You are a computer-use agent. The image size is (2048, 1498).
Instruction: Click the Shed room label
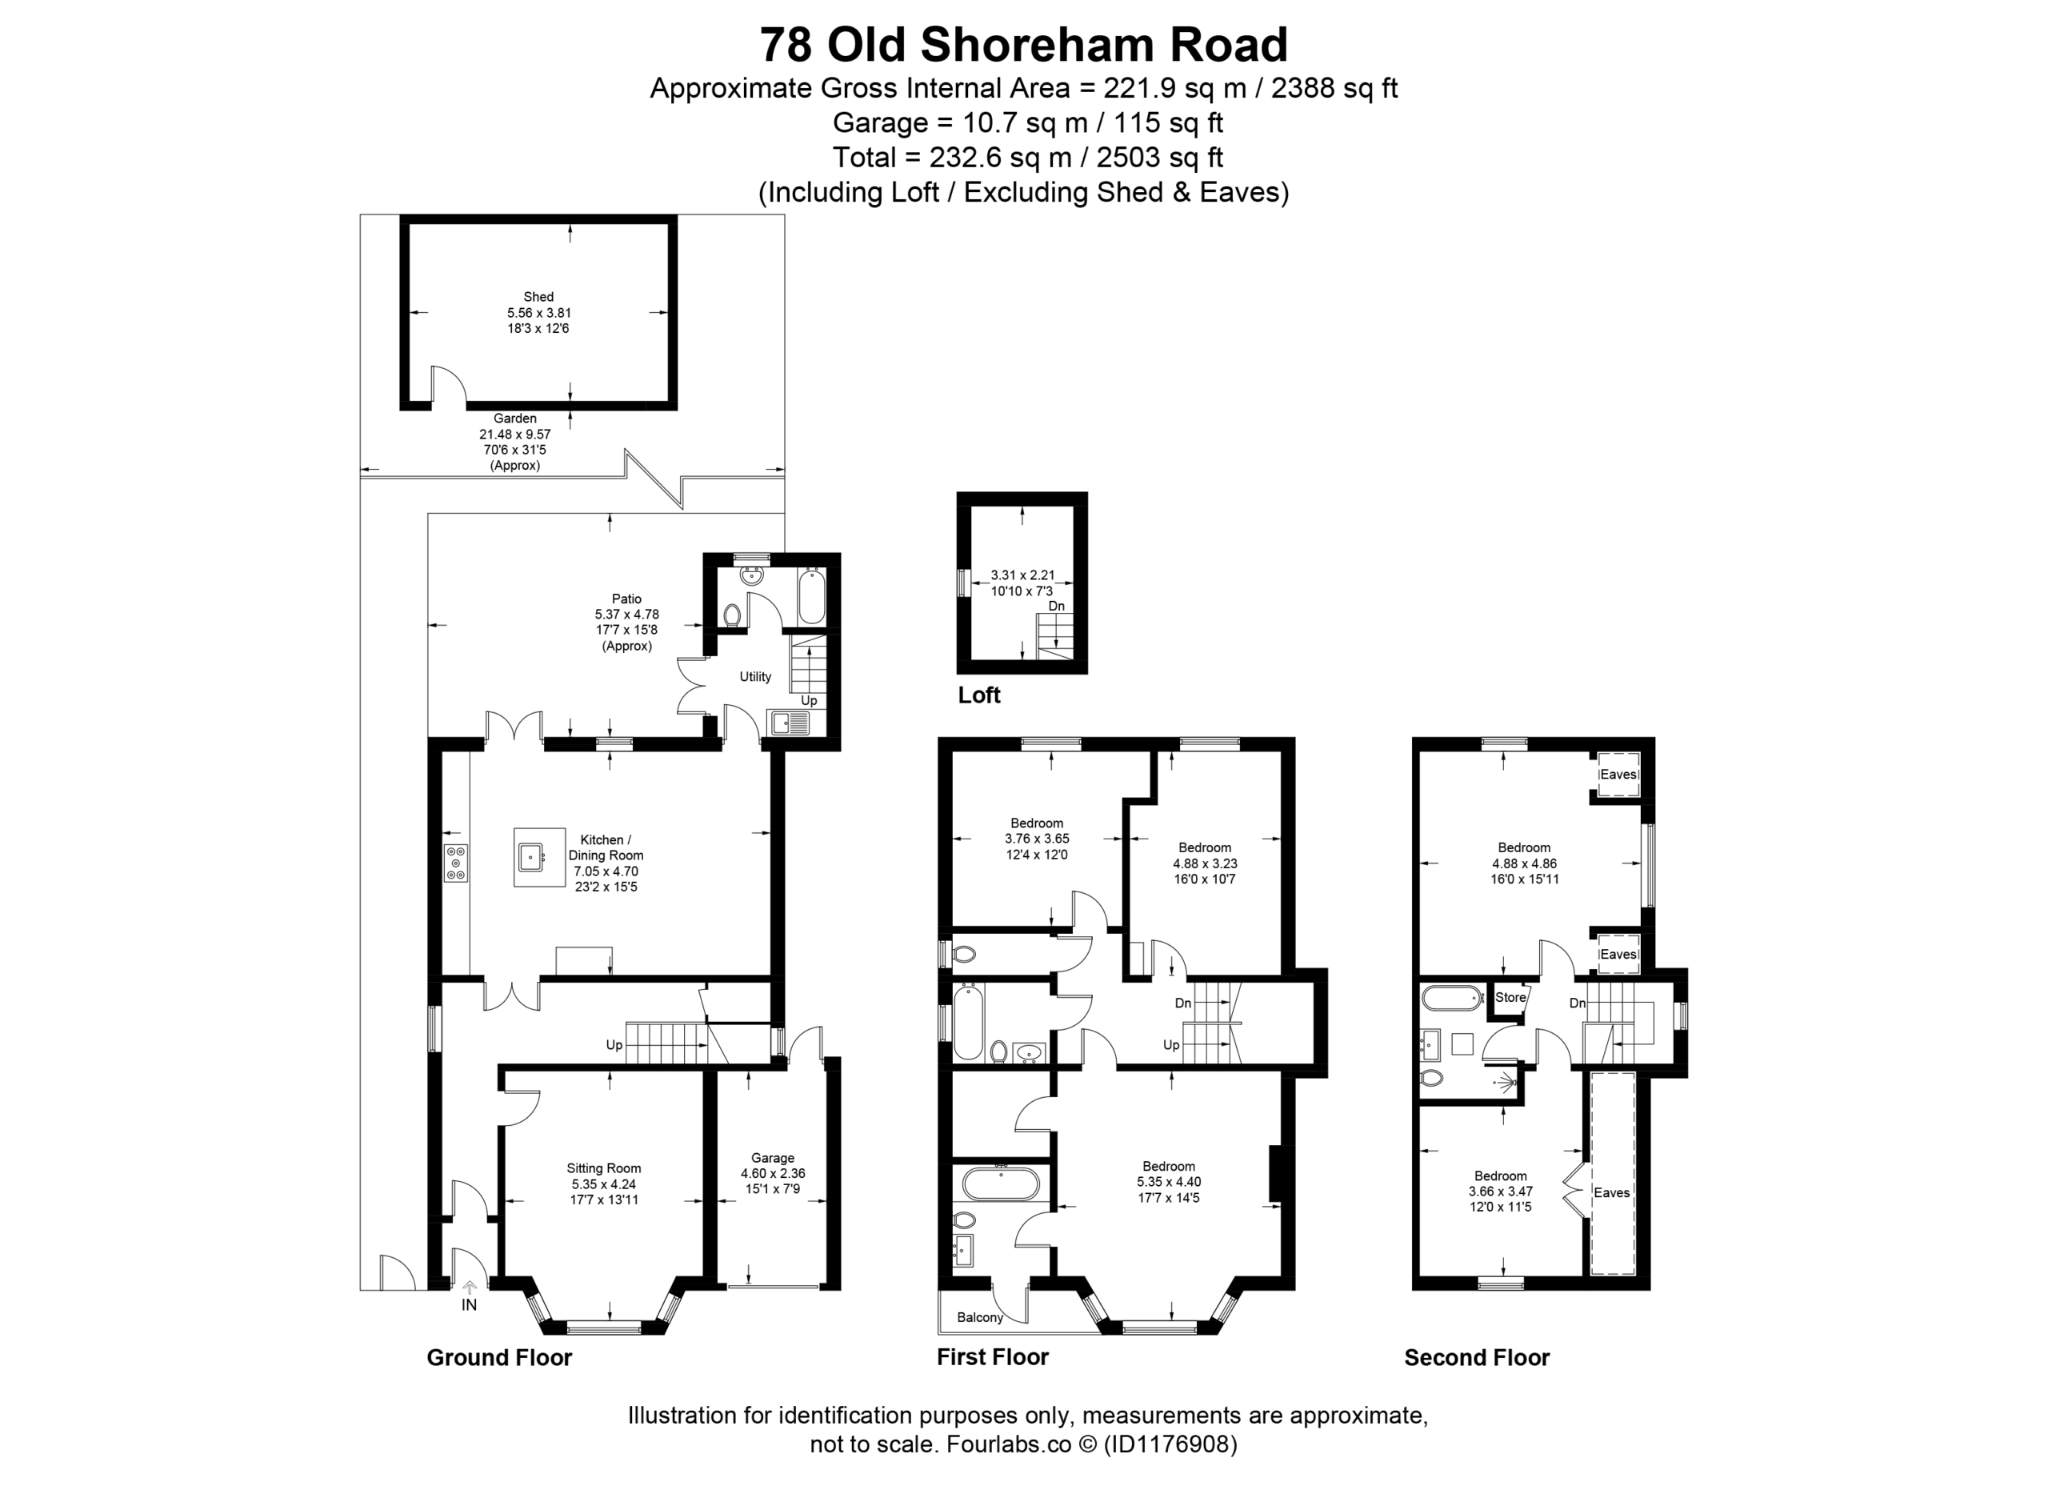(x=538, y=297)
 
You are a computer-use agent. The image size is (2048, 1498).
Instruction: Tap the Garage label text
(x=773, y=1158)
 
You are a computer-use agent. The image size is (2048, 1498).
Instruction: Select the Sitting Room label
(x=604, y=1169)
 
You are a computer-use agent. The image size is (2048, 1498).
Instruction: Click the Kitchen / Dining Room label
(x=606, y=848)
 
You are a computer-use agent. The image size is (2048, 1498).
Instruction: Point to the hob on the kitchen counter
(x=456, y=863)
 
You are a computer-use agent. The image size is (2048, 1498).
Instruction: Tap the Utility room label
(x=755, y=676)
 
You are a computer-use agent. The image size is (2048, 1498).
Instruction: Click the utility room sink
(x=789, y=722)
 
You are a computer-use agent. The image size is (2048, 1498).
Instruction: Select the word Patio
(x=626, y=599)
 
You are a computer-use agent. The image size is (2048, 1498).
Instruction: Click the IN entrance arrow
(x=469, y=1286)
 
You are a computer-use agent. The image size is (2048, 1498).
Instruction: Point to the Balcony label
(x=980, y=1317)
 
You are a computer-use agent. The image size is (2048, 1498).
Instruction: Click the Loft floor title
(x=979, y=695)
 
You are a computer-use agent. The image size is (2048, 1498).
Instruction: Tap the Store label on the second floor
(x=1510, y=997)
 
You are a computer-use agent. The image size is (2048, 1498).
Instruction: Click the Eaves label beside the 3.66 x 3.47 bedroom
(x=1612, y=1192)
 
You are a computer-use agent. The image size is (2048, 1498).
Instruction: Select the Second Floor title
(x=1477, y=1357)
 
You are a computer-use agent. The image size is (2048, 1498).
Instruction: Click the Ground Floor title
(x=499, y=1357)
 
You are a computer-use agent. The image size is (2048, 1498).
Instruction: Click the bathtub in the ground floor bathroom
(x=812, y=595)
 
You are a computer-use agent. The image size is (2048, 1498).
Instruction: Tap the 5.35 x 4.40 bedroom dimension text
(x=1169, y=1183)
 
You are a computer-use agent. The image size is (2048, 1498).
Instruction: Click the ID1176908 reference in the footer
(x=1170, y=1444)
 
